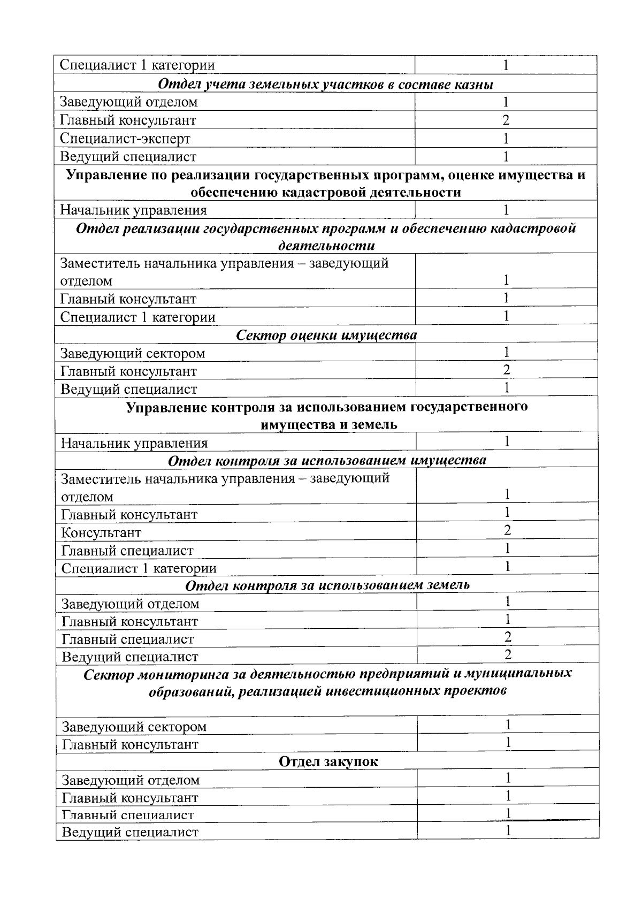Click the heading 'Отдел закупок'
tap(328, 761)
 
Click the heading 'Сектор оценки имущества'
tap(326, 336)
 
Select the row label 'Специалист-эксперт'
tap(125, 139)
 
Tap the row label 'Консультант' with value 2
tap(101, 533)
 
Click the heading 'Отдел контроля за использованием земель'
tap(327, 585)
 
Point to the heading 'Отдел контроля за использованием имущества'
tap(327, 460)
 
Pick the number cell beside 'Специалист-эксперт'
tap(506, 139)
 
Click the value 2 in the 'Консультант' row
tap(507, 530)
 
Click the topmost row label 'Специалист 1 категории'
tap(137, 65)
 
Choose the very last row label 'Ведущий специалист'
tap(130, 832)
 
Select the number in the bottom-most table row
tap(508, 830)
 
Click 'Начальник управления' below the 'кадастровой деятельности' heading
tap(133, 210)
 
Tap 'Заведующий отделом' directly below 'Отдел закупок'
tap(131, 780)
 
